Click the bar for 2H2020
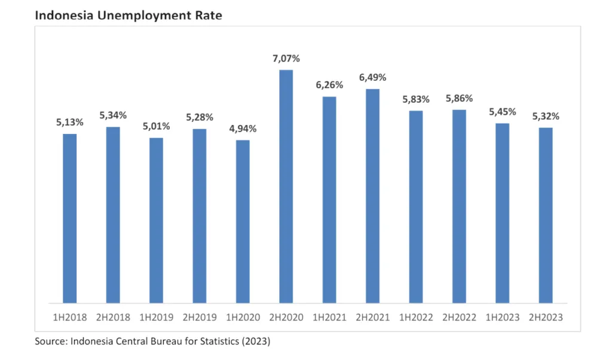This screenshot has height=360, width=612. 286,186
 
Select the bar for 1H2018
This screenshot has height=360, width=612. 70,218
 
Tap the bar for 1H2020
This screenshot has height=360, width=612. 243,221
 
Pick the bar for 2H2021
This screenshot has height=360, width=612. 372,196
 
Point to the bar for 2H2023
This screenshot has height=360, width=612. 546,215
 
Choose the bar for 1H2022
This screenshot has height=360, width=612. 416,206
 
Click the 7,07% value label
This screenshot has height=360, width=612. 286,59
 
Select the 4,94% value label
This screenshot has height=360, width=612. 243,129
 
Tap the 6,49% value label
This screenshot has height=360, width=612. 372,78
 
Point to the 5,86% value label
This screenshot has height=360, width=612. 459,98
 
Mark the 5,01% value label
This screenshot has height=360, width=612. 156,126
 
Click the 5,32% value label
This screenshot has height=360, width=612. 546,116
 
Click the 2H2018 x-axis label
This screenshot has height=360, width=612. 113,318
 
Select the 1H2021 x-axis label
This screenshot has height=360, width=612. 329,318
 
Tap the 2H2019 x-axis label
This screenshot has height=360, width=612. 200,318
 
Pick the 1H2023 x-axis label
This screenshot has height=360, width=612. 503,318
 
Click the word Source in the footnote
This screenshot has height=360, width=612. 50,341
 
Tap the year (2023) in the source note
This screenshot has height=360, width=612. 254,341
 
